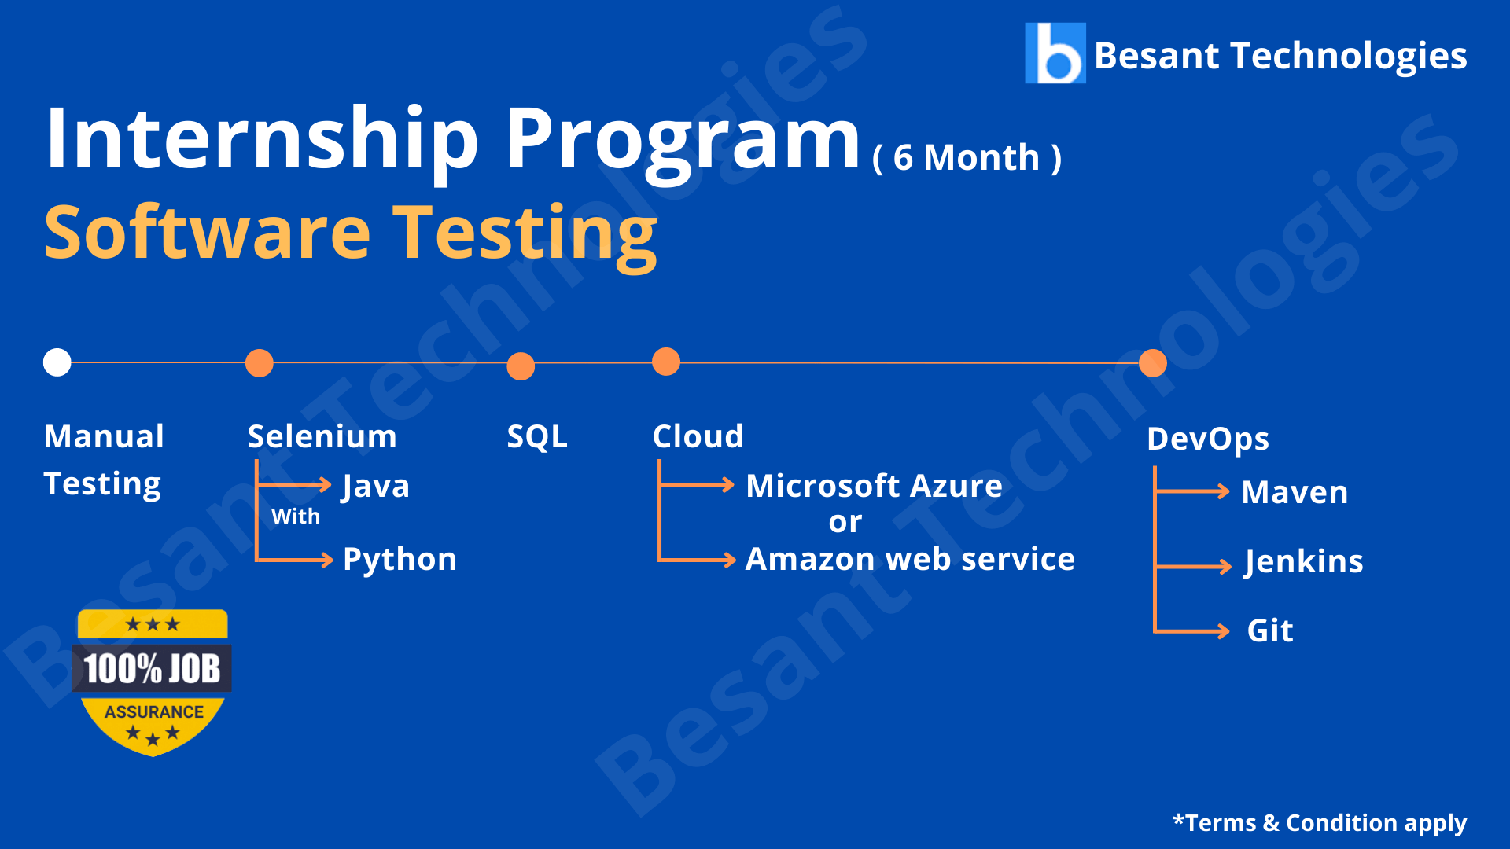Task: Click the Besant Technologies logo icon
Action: click(x=1055, y=53)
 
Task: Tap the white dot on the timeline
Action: click(x=57, y=362)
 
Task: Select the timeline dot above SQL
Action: click(x=521, y=366)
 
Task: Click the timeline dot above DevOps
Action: click(x=1152, y=363)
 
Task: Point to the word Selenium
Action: click(x=322, y=436)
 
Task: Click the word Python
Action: click(x=400, y=560)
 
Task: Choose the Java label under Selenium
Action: click(x=376, y=487)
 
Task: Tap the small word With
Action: click(x=296, y=516)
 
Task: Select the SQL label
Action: click(x=537, y=437)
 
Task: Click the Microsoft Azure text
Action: click(x=874, y=486)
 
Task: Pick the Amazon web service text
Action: click(x=910, y=559)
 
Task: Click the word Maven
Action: click(x=1295, y=492)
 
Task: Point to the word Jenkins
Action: click(x=1303, y=562)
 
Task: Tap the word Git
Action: click(x=1270, y=630)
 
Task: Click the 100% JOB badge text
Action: click(x=152, y=669)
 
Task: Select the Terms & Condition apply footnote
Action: click(x=1320, y=823)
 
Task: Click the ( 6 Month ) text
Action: click(x=967, y=157)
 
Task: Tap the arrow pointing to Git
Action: click(x=1191, y=631)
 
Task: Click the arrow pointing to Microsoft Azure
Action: click(x=697, y=485)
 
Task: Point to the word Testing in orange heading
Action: click(x=525, y=234)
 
